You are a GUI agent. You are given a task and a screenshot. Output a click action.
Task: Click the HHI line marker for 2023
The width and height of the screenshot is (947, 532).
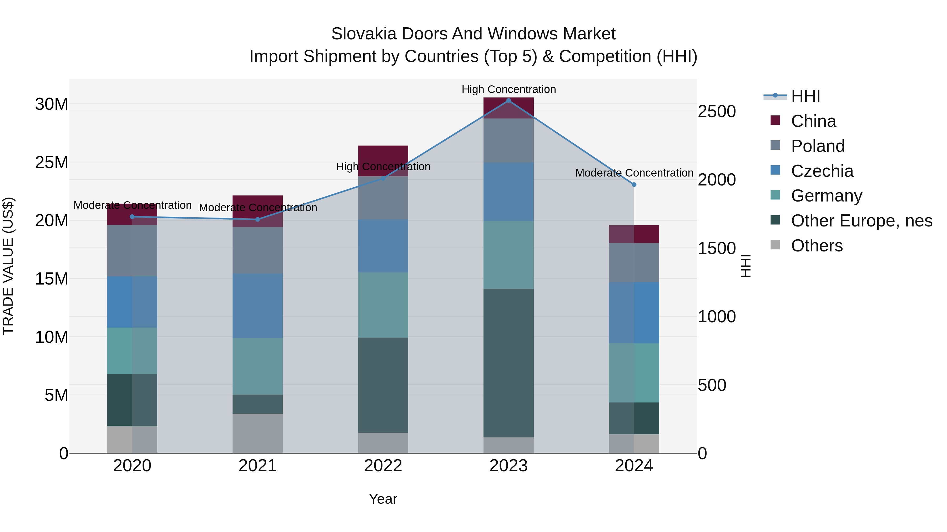click(508, 101)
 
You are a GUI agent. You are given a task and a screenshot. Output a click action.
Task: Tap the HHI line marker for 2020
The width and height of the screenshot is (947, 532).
click(132, 217)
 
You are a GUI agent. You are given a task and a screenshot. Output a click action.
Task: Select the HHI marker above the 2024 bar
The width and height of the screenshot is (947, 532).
click(634, 185)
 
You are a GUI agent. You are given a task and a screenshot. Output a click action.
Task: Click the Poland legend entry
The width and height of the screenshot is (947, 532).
click(818, 146)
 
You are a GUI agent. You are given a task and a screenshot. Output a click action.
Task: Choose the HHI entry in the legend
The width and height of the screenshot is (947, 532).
click(805, 96)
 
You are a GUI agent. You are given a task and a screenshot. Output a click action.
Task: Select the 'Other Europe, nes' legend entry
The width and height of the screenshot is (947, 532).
click(861, 221)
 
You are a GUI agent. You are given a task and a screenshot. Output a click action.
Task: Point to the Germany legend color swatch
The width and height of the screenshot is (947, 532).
click(775, 195)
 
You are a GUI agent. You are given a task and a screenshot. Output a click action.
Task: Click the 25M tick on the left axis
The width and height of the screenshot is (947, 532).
click(52, 162)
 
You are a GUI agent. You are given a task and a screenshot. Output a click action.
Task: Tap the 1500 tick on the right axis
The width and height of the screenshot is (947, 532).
click(717, 248)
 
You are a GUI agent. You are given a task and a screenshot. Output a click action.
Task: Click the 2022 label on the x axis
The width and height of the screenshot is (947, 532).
click(383, 466)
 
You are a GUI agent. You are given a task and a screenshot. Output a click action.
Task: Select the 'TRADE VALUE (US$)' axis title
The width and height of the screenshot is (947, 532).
click(8, 266)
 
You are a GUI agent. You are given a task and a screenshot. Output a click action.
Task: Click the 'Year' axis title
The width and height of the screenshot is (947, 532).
click(383, 499)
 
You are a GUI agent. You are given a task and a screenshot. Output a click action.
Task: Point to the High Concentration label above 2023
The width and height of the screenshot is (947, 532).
click(508, 89)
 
